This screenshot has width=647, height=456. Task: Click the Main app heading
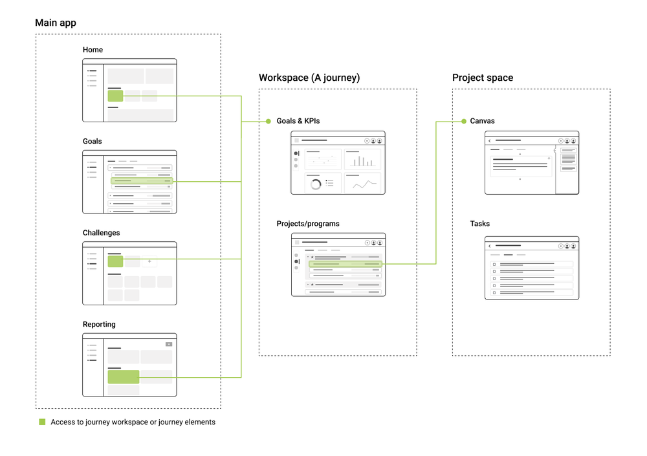pyautogui.click(x=56, y=23)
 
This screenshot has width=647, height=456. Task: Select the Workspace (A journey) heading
pyautogui.click(x=309, y=78)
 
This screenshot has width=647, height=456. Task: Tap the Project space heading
pyautogui.click(x=483, y=78)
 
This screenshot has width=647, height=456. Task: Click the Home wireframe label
pyautogui.click(x=93, y=50)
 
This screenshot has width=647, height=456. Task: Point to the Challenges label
pyautogui.click(x=101, y=233)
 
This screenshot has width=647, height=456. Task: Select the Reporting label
pyautogui.click(x=99, y=325)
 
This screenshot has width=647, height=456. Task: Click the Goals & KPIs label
pyautogui.click(x=298, y=121)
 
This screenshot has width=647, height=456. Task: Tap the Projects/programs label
pyautogui.click(x=308, y=224)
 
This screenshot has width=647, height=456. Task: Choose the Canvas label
pyautogui.click(x=482, y=121)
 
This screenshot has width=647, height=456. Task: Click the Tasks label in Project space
pyautogui.click(x=480, y=224)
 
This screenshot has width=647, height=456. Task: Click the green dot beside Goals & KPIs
pyautogui.click(x=268, y=121)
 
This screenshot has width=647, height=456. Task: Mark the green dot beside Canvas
pyautogui.click(x=464, y=121)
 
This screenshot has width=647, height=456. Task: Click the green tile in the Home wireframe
pyautogui.click(x=115, y=96)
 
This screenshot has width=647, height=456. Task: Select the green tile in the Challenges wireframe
pyautogui.click(x=115, y=261)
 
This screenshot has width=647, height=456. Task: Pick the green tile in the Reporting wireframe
pyautogui.click(x=123, y=376)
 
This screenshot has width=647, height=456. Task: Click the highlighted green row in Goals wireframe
pyautogui.click(x=142, y=181)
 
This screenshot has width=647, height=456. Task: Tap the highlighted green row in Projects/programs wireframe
pyautogui.click(x=345, y=264)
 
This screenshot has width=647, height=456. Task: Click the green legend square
pyautogui.click(x=42, y=422)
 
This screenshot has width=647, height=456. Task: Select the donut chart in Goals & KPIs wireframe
pyautogui.click(x=316, y=184)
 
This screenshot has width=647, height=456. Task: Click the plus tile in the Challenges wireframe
pyautogui.click(x=149, y=261)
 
